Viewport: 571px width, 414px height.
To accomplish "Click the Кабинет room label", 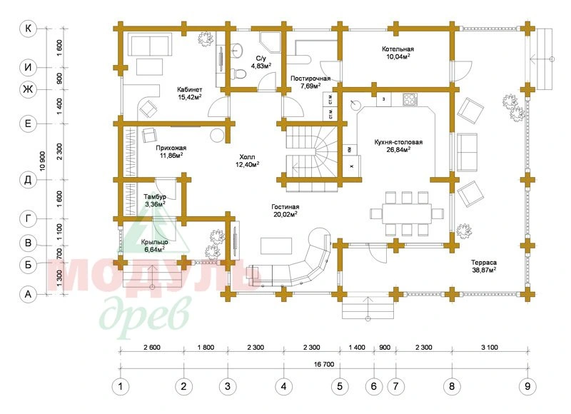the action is tap(189, 89).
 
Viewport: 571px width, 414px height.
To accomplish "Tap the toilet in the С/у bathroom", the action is tap(238, 73).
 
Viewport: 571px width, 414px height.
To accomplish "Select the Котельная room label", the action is tap(398, 49).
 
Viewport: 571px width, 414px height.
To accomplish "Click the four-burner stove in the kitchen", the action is tap(410, 100).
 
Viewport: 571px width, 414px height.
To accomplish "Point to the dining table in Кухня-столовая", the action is tap(407, 213).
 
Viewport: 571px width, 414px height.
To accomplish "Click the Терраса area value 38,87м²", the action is tap(484, 270).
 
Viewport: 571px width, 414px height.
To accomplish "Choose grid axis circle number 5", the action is tap(340, 386).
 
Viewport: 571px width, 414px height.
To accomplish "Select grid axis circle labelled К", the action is tap(28, 29).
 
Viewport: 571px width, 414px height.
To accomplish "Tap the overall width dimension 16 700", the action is tap(324, 364).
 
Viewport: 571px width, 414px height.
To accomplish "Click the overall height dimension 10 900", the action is tap(43, 161).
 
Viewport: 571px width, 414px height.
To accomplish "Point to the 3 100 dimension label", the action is tap(490, 348).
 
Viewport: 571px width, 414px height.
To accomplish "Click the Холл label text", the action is tap(247, 157).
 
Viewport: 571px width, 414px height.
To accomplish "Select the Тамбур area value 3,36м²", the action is tap(155, 204).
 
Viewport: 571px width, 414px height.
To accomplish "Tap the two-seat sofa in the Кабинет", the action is tap(150, 44).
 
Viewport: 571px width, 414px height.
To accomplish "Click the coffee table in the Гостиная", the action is tap(276, 246).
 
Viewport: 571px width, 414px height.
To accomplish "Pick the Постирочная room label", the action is tap(310, 79).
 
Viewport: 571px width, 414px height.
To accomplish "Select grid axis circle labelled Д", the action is tap(28, 181).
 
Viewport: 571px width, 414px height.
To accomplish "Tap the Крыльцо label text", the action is tap(154, 242).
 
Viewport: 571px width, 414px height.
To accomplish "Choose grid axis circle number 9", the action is tap(527, 386).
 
